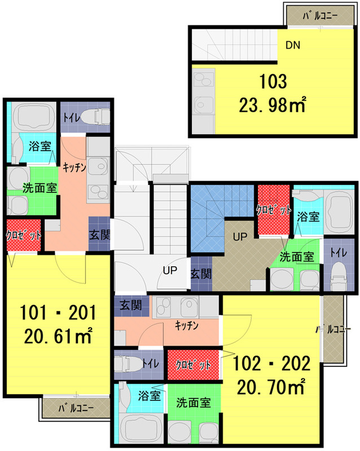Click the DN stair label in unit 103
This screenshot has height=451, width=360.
coord(293,45)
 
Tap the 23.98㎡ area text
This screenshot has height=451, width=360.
coord(272,105)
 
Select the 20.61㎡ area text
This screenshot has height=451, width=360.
coord(58,336)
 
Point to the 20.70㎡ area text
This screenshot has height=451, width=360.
coord(271,387)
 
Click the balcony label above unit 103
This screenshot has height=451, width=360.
coord(320,16)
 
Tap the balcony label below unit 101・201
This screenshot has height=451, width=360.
coord(76,408)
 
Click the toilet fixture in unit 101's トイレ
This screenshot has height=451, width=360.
coord(95,117)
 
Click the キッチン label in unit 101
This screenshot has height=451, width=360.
coord(74,167)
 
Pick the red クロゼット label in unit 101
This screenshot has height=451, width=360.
coord(24,236)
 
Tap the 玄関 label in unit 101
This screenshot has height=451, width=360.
coord(99,235)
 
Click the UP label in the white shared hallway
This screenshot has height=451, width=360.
coord(170,270)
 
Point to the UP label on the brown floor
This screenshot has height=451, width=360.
coord(240,237)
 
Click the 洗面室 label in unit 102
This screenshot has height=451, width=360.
coord(193,403)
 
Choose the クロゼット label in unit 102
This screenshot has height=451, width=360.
coord(193,365)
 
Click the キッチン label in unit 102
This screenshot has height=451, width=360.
coord(187,325)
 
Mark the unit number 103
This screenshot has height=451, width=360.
coord(273,82)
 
